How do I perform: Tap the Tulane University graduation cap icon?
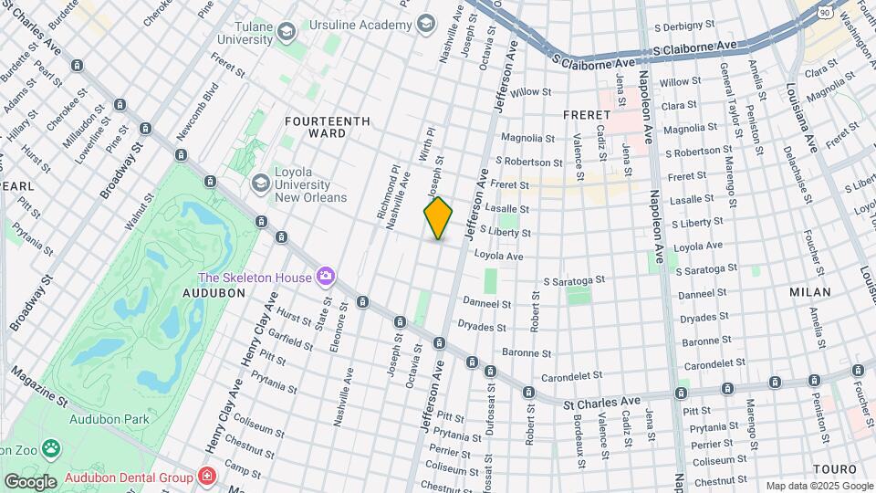287,34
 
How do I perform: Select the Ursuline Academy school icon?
426,26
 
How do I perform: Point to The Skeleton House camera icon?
326,276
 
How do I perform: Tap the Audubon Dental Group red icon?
208,477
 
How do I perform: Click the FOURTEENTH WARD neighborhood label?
328,127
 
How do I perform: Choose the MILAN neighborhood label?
810,292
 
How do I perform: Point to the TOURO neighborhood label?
834,468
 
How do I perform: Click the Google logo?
30,481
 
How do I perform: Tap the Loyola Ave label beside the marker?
500,257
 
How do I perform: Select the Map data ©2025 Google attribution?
819,486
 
